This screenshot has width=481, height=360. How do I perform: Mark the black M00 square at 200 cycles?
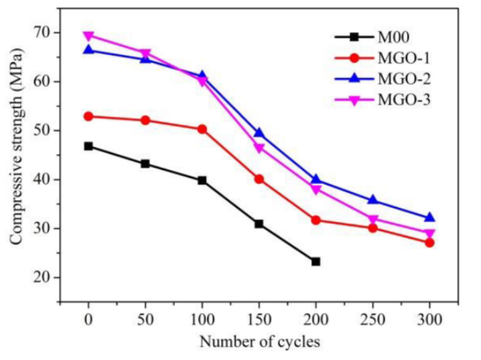click(x=316, y=261)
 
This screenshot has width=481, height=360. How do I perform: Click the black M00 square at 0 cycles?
click(x=88, y=146)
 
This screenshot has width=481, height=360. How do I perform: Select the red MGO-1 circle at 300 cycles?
click(x=430, y=243)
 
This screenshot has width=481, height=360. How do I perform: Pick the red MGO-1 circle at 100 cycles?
click(x=202, y=129)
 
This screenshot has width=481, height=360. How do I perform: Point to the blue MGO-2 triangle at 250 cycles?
click(x=373, y=200)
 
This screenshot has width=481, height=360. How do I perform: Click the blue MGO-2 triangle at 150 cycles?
click(x=259, y=133)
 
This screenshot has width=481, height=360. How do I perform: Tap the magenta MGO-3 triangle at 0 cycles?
click(x=88, y=36)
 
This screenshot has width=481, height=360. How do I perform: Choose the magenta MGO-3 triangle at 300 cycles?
click(x=430, y=234)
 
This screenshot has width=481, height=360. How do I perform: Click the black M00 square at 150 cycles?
click(x=259, y=224)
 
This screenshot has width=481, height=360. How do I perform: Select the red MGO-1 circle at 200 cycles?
click(x=316, y=220)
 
